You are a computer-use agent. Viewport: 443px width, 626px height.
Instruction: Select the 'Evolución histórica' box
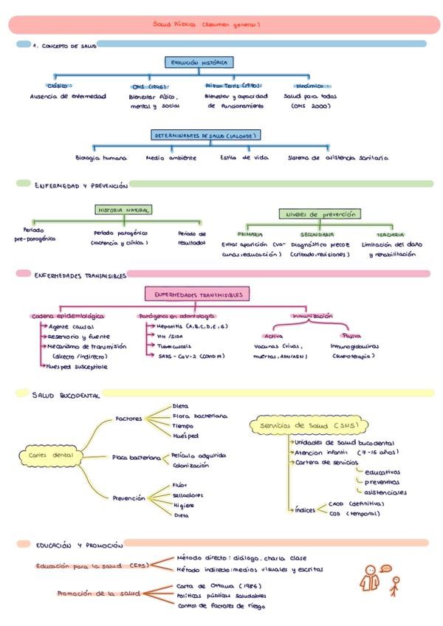click(199, 63)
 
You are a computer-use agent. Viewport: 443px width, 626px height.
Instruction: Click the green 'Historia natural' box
click(123, 210)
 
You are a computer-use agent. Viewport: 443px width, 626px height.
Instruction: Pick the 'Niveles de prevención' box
click(320, 214)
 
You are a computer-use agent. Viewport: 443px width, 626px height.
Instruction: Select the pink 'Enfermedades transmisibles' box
click(198, 295)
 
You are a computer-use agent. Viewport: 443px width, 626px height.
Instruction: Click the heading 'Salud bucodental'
click(66, 396)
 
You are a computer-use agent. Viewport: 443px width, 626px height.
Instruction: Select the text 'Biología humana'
click(101, 157)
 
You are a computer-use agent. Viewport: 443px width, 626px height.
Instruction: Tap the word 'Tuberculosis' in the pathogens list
click(174, 345)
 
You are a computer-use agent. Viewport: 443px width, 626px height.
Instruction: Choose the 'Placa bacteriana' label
click(136, 458)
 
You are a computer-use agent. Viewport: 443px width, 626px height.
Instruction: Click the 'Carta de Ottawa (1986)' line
click(210, 585)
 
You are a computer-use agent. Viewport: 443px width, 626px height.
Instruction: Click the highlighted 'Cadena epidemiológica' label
click(68, 315)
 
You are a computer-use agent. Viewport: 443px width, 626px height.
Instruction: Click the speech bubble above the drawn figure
click(385, 568)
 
